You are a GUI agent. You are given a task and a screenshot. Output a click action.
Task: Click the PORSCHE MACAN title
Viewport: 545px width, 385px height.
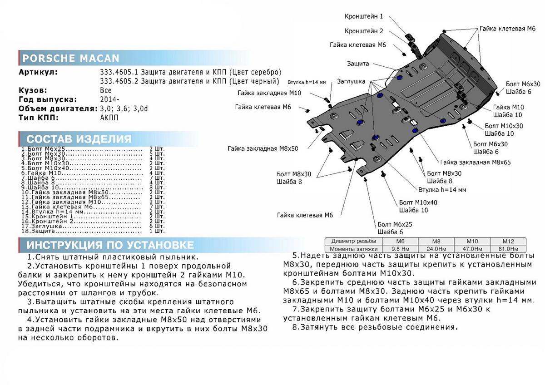(x=71, y=58)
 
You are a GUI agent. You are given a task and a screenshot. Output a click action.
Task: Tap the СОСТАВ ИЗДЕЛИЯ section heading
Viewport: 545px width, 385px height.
(x=79, y=139)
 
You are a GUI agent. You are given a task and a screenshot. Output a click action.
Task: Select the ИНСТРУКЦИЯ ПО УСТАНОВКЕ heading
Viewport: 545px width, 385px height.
(x=110, y=245)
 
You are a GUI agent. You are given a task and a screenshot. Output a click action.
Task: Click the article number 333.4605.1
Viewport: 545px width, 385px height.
(x=119, y=72)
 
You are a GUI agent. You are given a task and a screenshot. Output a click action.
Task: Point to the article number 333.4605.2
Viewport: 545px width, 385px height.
(x=119, y=81)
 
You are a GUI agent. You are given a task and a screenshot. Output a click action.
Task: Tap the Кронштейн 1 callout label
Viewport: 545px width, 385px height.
(x=364, y=16)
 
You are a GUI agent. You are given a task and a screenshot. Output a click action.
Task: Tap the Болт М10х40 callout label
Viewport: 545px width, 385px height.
(x=418, y=202)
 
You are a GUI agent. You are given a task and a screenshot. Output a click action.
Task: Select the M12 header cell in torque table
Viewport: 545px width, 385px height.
(x=508, y=241)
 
